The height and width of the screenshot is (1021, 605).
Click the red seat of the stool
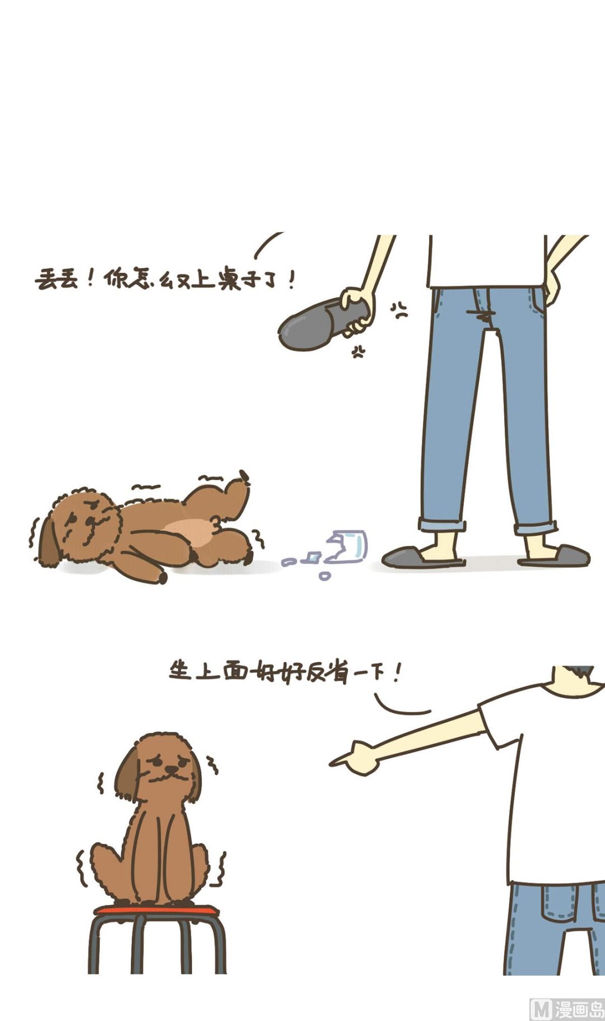point(156,910)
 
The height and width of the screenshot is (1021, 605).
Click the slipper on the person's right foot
point(423,556)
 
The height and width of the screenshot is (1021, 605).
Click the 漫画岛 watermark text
point(579,1009)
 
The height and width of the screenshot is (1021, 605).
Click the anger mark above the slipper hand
point(399,310)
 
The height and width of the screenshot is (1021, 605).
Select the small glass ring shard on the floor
point(324,576)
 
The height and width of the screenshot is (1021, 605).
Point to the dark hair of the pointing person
point(580,671)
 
